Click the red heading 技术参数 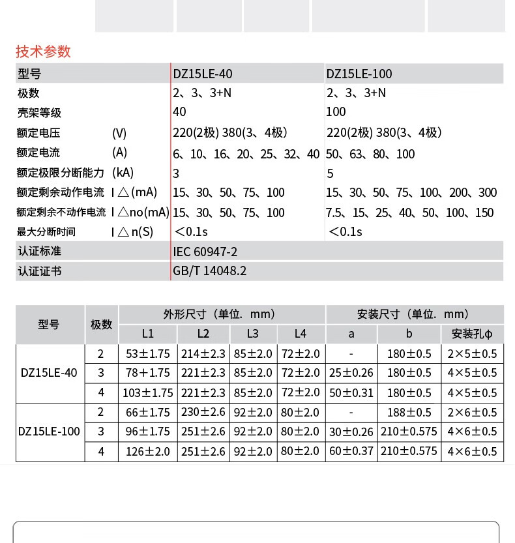[x=43, y=51]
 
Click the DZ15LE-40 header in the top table [x=202, y=74]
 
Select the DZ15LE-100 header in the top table [x=359, y=74]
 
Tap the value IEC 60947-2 [x=205, y=251]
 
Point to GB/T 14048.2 [x=210, y=271]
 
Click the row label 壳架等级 [x=39, y=113]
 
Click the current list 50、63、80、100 [x=370, y=154]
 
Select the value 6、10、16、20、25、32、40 [x=246, y=154]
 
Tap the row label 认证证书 [x=39, y=271]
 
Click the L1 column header [x=148, y=334]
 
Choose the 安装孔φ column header [x=472, y=334]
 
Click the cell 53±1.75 [x=148, y=354]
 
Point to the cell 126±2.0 [x=148, y=451]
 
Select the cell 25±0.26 [x=351, y=373]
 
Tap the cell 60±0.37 [x=351, y=451]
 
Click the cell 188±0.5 [x=409, y=413]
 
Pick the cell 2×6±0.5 [x=472, y=413]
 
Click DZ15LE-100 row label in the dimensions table [x=50, y=432]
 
